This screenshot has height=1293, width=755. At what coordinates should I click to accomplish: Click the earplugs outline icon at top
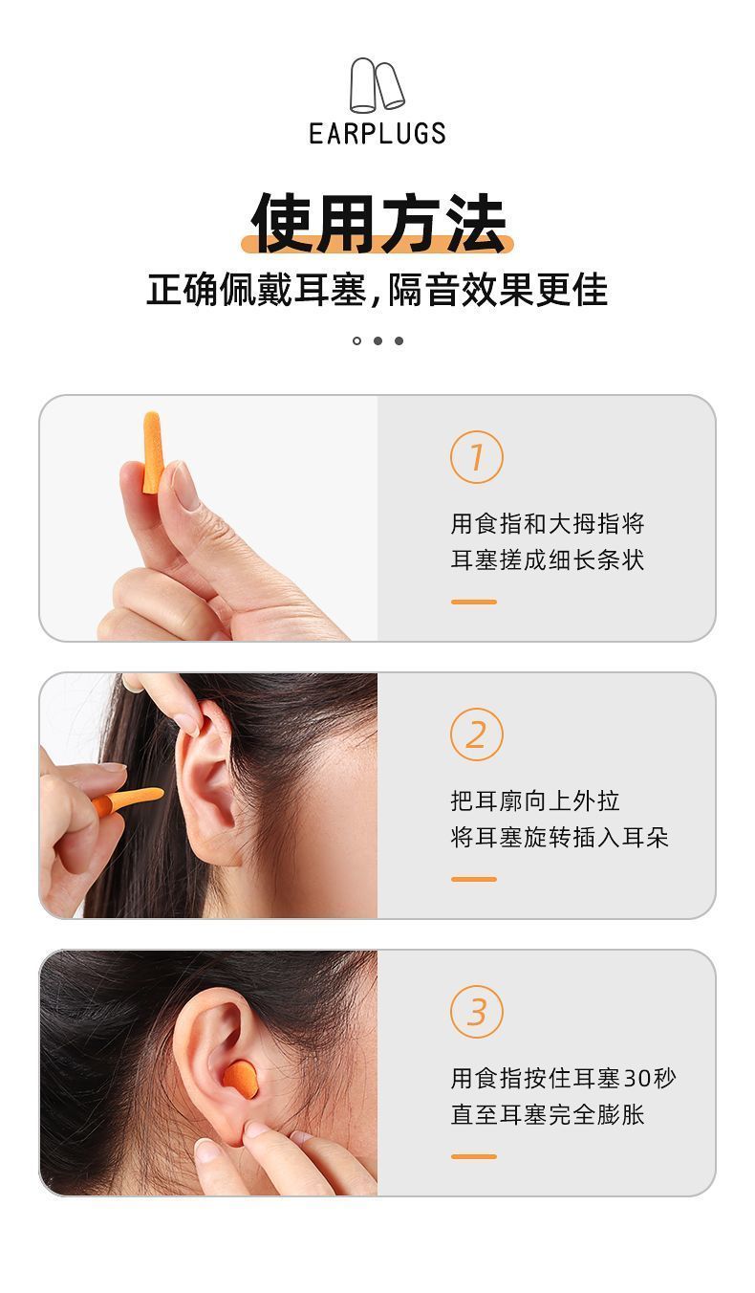[377, 84]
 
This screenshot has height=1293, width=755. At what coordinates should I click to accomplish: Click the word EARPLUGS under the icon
[377, 133]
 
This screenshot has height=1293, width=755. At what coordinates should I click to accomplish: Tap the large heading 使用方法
[377, 223]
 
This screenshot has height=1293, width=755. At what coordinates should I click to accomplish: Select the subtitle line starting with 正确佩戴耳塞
[377, 289]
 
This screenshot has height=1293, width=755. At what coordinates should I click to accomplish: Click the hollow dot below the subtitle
[356, 340]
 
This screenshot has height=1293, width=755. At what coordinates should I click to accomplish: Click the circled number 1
[477, 456]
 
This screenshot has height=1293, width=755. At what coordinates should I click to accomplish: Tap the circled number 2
[477, 734]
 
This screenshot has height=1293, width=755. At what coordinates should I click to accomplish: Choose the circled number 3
[477, 1011]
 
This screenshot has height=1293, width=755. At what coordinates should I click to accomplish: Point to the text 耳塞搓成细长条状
[548, 559]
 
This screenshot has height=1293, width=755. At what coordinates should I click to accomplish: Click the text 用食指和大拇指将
[548, 523]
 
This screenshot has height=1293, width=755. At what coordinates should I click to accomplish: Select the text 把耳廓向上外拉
[535, 800]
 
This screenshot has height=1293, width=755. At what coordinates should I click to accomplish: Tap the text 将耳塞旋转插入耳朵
[559, 837]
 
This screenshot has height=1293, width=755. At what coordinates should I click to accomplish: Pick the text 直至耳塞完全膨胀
[548, 1114]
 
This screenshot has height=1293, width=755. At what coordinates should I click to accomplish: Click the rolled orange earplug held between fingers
[152, 452]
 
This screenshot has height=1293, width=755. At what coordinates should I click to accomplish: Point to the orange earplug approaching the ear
[128, 800]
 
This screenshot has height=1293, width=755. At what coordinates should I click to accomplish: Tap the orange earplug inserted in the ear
[241, 1079]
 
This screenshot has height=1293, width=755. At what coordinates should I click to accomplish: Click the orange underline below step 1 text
[473, 602]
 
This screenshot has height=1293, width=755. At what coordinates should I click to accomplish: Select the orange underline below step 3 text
[473, 1156]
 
